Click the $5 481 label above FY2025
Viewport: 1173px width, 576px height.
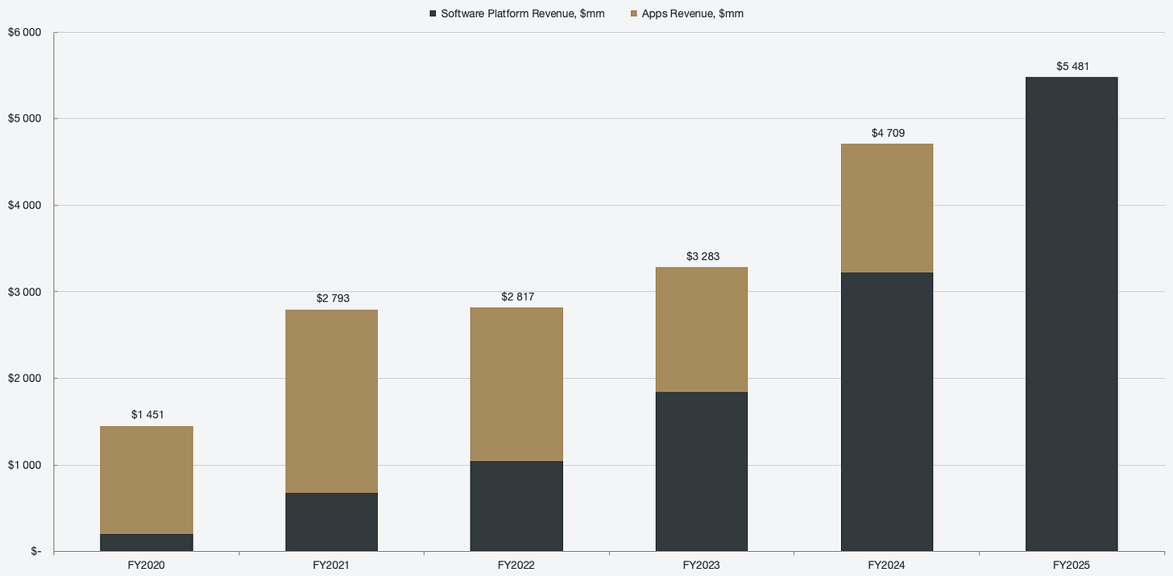(1072, 67)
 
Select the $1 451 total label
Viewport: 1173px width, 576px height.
(147, 415)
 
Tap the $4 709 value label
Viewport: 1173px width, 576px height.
(888, 133)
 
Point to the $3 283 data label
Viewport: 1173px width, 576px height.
(703, 256)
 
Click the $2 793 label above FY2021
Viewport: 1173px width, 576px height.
(333, 298)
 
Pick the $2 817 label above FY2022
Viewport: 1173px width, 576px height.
(517, 297)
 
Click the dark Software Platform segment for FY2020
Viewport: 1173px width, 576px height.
(147, 542)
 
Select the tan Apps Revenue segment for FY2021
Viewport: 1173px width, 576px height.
(331, 401)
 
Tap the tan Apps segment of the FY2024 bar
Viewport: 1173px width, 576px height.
(887, 208)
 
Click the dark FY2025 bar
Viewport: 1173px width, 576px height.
(1071, 314)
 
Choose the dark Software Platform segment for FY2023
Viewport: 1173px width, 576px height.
(702, 471)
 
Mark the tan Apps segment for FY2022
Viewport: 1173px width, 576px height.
(516, 384)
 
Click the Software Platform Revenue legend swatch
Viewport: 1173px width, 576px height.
(433, 14)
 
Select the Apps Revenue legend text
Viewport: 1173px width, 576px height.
(692, 14)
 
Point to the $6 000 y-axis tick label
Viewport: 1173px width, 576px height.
(24, 32)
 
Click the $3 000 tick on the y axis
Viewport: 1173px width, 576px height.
(24, 292)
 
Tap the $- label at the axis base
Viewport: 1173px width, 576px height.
(35, 551)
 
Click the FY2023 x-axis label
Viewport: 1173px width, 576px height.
(701, 566)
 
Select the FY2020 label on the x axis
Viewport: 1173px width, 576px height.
(146, 566)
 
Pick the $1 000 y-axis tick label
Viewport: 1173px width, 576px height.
(24, 465)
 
